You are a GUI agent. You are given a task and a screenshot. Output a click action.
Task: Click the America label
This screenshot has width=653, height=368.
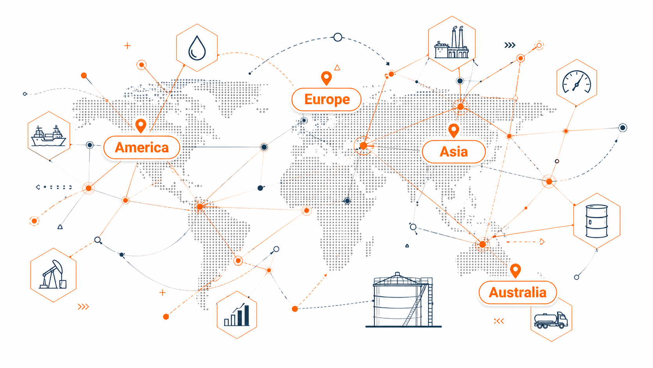click(142, 147)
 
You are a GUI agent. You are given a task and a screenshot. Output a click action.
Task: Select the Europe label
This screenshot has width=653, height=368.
click(326, 99)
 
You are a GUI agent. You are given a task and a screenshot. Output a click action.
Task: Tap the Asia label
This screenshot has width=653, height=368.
click(453, 152)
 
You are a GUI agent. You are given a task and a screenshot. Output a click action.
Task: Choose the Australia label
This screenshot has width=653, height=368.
click(518, 293)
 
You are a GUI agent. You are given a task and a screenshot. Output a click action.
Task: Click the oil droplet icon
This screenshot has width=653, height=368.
click(197, 48)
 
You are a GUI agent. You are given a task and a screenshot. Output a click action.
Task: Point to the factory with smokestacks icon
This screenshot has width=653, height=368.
click(451, 43)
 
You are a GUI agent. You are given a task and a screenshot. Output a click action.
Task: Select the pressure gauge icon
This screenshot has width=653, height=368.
click(576, 82)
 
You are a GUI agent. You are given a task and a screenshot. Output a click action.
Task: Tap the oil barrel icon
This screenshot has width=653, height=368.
click(597, 221)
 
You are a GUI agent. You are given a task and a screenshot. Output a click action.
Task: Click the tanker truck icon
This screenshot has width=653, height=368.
click(551, 320)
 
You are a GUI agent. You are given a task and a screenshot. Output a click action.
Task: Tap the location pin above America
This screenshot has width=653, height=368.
click(141, 126)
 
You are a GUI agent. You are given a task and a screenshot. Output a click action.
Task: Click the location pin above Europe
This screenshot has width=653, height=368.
click(326, 78)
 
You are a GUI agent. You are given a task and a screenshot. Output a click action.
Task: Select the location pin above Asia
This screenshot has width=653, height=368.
click(453, 131)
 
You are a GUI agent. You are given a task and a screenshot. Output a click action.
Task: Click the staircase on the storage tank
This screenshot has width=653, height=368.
click(415, 305)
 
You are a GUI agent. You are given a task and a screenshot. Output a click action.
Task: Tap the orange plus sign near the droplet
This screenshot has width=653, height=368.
click(127, 45)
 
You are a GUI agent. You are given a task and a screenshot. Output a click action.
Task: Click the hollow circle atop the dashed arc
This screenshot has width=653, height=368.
click(337, 37)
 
